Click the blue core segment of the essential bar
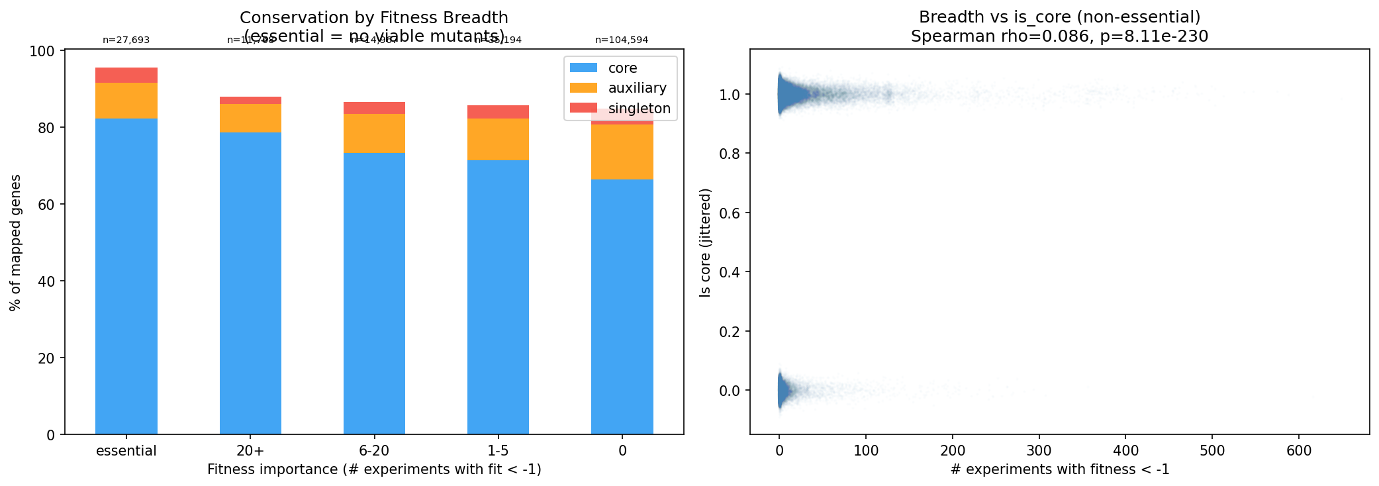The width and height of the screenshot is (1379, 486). tap(126, 278)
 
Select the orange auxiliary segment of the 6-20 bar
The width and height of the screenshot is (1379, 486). tap(374, 134)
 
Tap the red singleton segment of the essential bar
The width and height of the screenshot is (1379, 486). tap(126, 75)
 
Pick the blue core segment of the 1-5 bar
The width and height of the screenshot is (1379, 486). tap(498, 298)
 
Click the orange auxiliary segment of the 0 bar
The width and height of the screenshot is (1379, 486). tap(622, 152)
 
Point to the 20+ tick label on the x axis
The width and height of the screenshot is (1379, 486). tap(250, 451)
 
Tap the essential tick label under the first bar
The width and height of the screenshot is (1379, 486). tap(126, 451)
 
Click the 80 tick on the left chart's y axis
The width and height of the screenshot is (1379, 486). tap(46, 128)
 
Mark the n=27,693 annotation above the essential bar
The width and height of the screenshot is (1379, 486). tap(126, 40)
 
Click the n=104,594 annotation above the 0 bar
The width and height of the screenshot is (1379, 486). tap(622, 40)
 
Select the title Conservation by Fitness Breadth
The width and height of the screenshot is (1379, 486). tap(374, 18)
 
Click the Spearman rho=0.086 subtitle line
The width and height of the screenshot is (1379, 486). tap(1059, 36)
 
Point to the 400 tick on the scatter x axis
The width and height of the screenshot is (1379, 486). tap(1125, 451)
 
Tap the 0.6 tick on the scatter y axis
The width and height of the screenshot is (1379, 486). tap(730, 213)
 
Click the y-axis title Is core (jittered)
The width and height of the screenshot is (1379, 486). tap(706, 242)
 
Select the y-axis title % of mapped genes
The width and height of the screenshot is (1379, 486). tap(15, 242)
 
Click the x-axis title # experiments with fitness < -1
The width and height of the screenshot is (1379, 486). tap(1059, 469)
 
